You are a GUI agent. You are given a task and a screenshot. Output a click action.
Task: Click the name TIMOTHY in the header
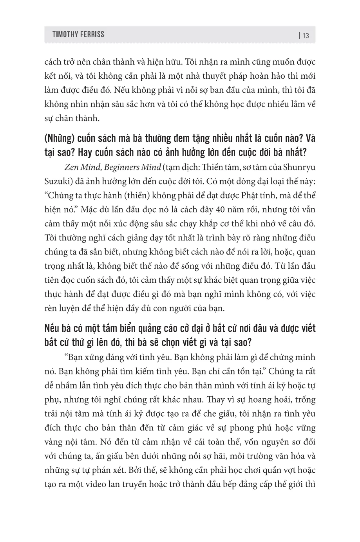[65, 34]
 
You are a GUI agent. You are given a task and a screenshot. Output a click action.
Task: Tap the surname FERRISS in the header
[92, 34]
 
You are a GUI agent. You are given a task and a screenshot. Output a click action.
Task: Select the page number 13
[306, 35]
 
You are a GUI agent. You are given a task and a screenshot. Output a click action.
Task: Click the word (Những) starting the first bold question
[60, 139]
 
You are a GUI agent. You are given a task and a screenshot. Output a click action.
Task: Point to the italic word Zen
[72, 167]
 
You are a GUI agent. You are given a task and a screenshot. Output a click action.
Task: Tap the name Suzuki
[56, 181]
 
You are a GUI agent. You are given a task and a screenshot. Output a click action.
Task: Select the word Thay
[223, 399]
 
